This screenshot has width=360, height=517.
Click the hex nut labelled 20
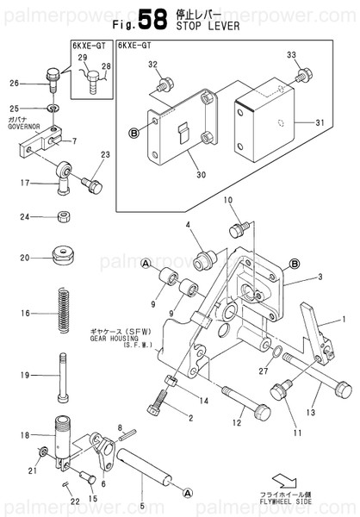[x=62, y=256]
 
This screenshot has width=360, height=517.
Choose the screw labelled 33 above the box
[x=301, y=77]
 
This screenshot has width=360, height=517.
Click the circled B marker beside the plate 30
[x=133, y=132]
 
